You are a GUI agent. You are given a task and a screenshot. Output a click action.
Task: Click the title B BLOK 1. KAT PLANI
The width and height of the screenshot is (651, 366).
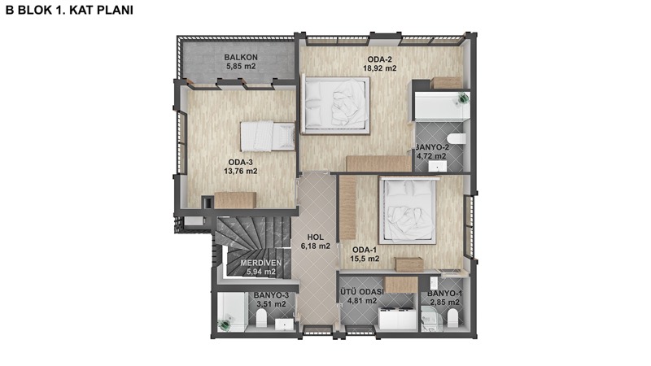coord(69,10)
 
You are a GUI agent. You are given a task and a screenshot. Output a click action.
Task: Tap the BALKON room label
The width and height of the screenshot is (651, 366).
coord(241,57)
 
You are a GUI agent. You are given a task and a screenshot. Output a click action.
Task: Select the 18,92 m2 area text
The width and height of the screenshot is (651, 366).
coord(380,68)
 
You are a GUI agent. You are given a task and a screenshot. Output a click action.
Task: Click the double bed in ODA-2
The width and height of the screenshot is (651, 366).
coord(336,105)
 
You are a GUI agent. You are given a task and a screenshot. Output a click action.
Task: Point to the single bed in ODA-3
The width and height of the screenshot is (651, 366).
coord(268,136)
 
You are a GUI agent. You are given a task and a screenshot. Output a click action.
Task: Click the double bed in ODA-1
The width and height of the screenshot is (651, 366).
coord(409,210)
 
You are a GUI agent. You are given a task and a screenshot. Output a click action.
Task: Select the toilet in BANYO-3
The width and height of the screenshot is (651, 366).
coord(261,320)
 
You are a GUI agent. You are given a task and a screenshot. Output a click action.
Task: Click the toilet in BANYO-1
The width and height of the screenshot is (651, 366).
coord(452,318)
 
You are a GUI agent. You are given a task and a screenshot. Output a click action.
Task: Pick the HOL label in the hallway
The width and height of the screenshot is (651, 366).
coord(316,237)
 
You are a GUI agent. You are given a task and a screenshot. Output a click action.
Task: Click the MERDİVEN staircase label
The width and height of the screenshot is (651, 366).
coord(260,263)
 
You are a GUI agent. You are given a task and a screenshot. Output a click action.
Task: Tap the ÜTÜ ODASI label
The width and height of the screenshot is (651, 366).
coord(361,292)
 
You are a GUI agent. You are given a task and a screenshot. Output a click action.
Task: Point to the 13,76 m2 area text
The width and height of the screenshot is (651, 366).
coord(240,171)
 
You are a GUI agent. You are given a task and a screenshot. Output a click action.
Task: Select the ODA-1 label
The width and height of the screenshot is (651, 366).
coord(365,250)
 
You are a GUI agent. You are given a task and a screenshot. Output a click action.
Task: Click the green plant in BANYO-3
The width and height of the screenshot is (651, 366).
coord(225,324)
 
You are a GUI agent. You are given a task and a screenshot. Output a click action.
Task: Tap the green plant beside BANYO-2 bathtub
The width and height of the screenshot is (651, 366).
coord(464,98)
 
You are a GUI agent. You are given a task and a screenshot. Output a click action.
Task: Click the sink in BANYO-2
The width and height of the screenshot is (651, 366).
coord(437,167)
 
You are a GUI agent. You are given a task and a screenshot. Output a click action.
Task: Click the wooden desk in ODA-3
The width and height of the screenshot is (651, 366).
coord(234,200)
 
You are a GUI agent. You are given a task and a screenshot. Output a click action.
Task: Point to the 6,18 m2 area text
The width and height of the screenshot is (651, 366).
coord(316,246)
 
